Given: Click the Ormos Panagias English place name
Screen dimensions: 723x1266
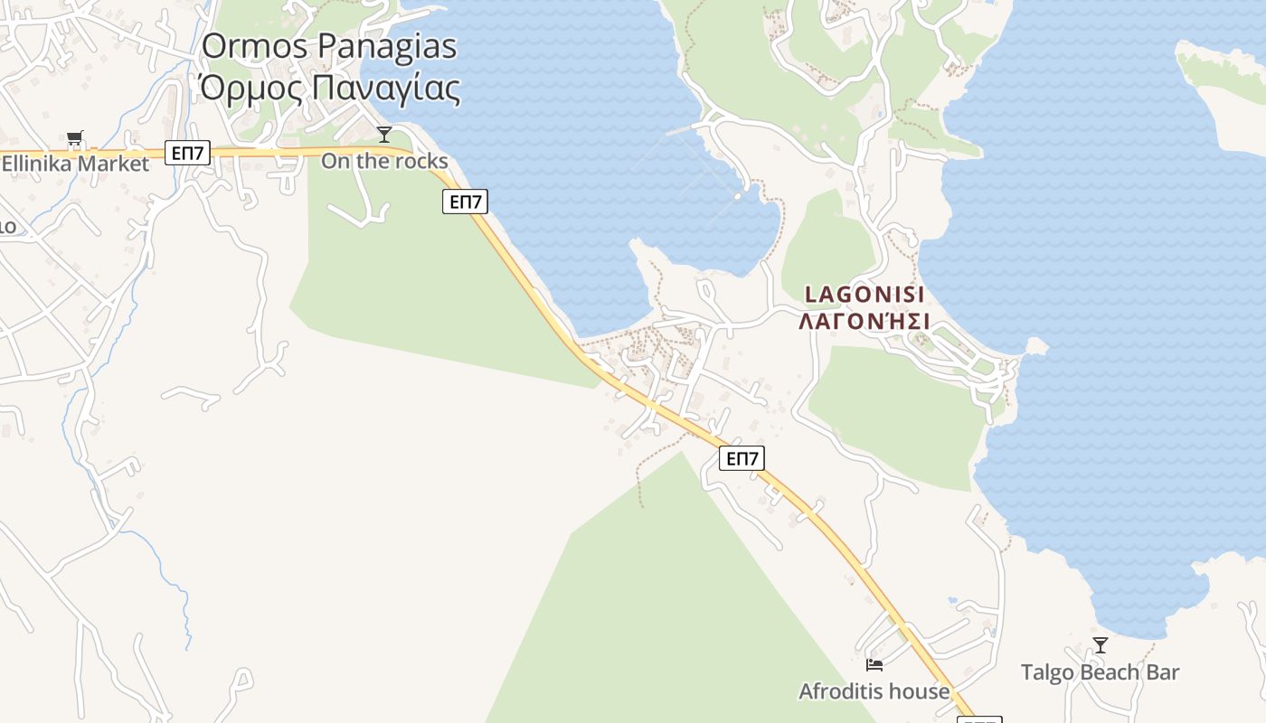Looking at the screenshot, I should pos(329,46).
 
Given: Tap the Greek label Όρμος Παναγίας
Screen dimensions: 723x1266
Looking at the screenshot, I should pos(329,88).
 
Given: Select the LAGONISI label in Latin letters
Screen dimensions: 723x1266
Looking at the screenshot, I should pos(864,295).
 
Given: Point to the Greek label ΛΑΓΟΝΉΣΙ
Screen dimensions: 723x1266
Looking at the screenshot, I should pos(864,322).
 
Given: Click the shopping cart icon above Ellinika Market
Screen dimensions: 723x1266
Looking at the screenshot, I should pos(75,138).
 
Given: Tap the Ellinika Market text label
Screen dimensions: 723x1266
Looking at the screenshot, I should pos(75,164).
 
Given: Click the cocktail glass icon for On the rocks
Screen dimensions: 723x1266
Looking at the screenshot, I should pos(384,135).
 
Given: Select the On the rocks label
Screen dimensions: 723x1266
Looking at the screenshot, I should pos(384,161).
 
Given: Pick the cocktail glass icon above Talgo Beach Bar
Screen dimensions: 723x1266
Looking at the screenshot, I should pos(1101,645).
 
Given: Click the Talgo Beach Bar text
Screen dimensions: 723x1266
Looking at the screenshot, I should pos(1101,672).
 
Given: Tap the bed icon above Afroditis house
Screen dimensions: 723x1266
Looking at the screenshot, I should pos(874,665).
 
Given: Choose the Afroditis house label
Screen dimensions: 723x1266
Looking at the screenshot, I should pos(874,691).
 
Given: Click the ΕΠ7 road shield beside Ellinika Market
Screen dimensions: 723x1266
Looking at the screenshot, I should pos(187,154).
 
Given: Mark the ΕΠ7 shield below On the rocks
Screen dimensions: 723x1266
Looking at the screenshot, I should pos(465,202).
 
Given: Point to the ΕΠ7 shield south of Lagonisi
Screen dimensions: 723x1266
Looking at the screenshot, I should pos(742,459).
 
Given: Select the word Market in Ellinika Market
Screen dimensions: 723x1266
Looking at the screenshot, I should pos(113,164).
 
